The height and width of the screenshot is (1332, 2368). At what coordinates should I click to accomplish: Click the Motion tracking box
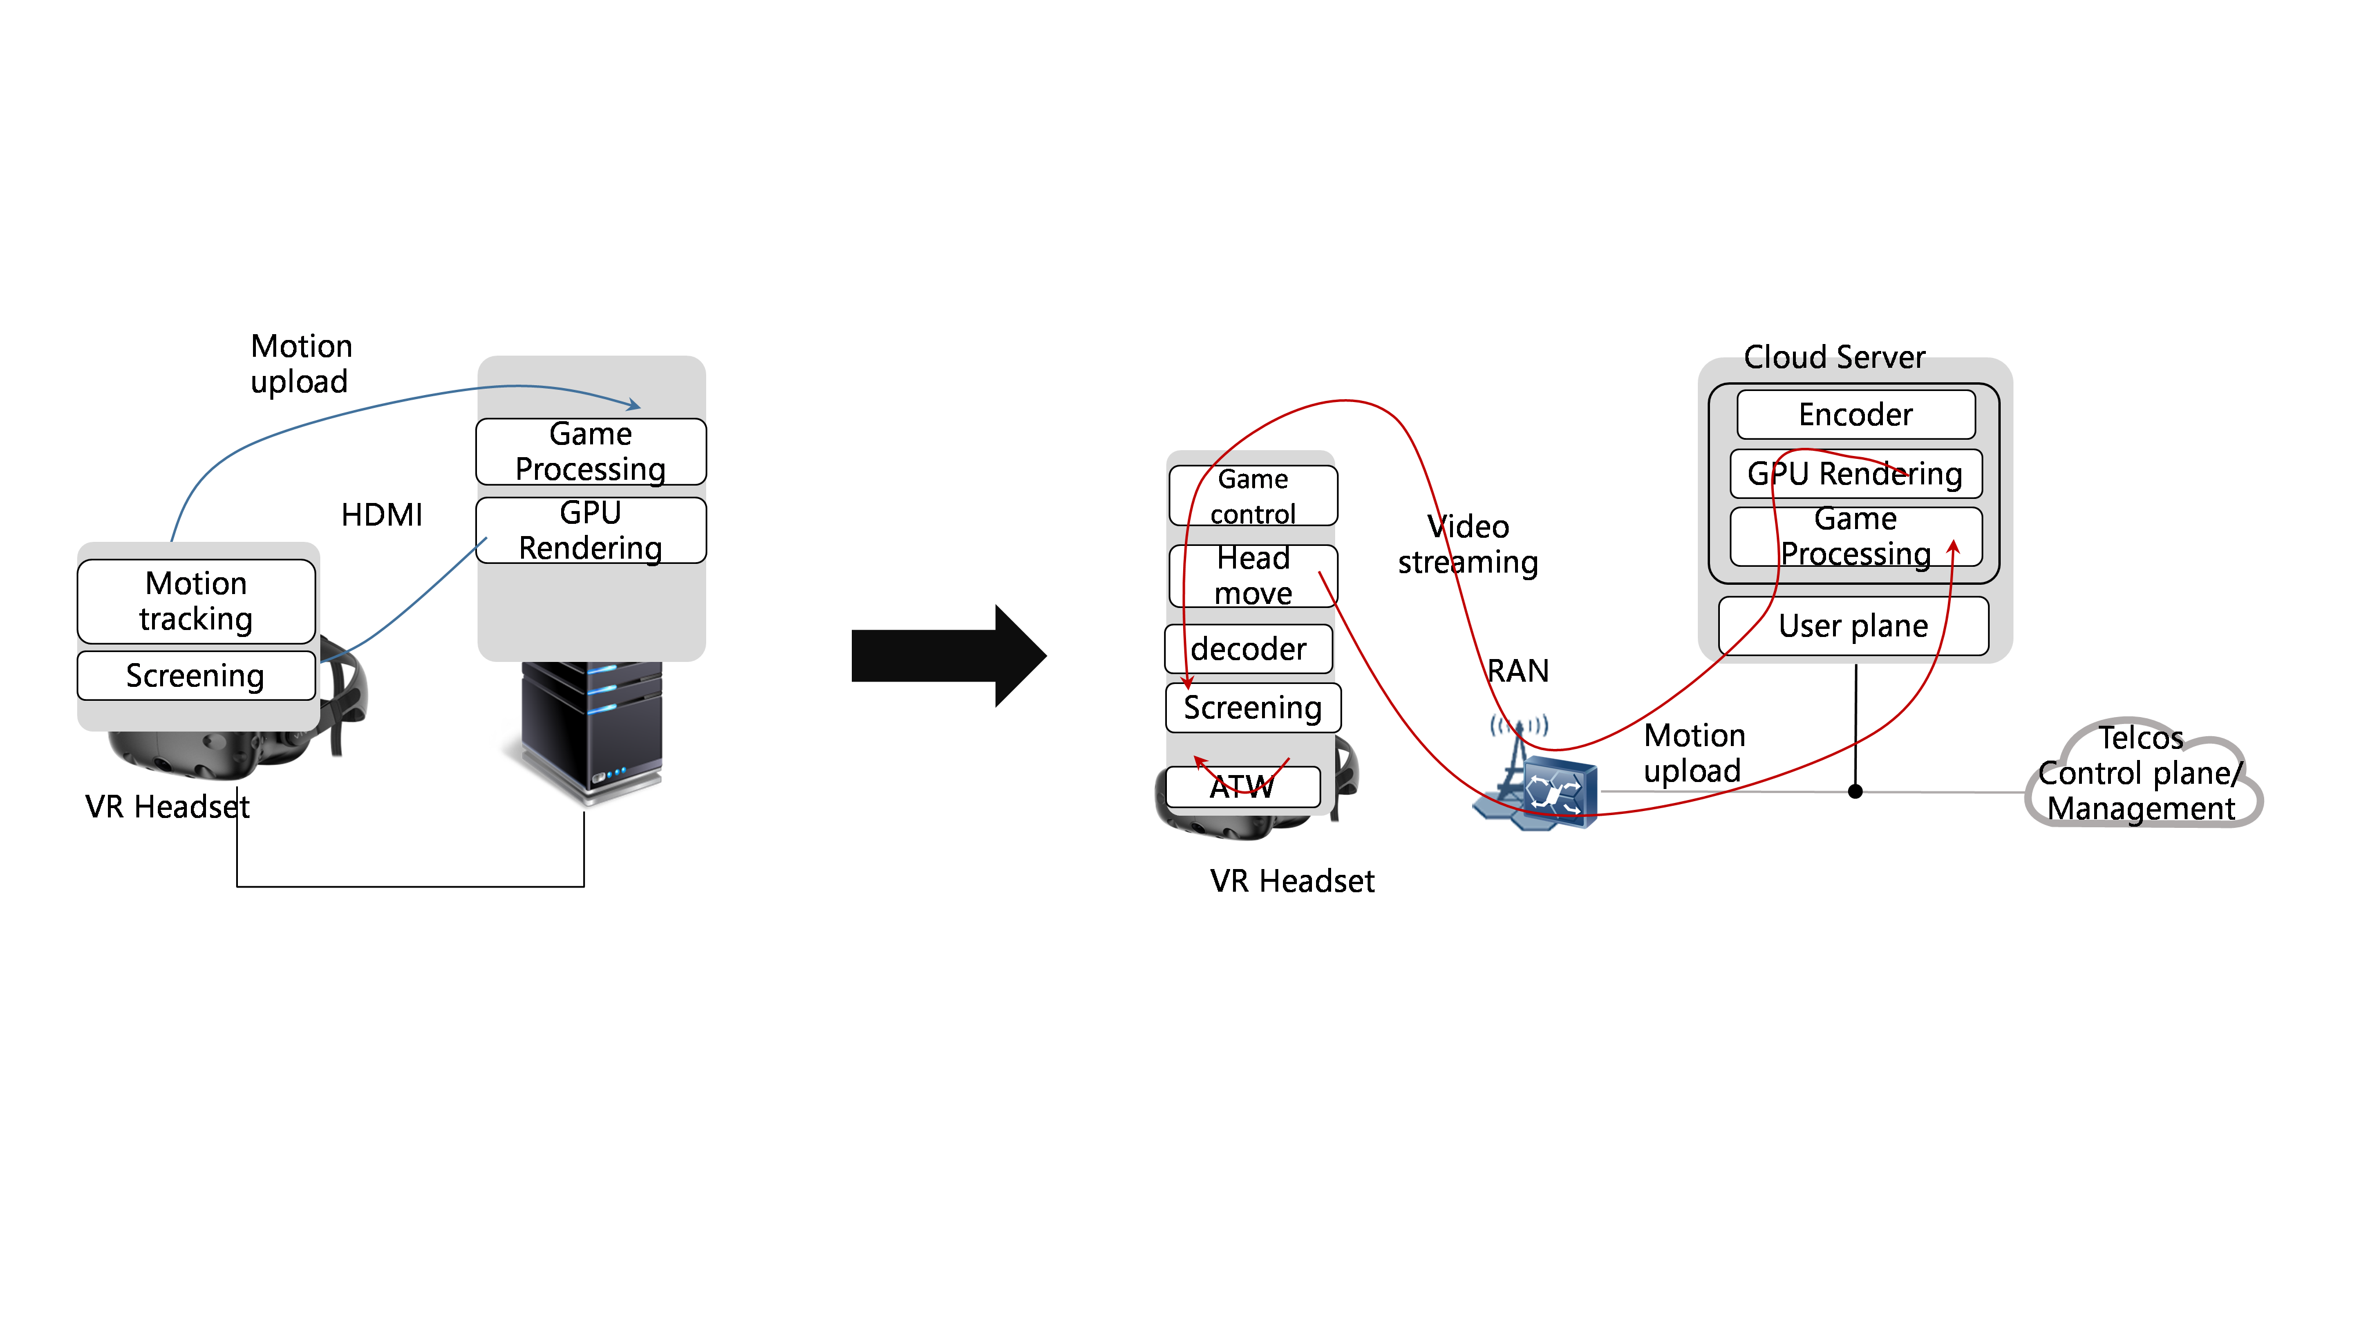click(196, 601)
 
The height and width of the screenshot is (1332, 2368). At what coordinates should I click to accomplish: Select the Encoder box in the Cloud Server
click(1855, 415)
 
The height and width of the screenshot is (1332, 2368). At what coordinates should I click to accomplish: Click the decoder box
click(1248, 649)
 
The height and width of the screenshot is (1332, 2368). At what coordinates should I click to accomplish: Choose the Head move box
click(1252, 575)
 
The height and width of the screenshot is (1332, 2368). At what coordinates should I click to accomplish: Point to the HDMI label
click(381, 515)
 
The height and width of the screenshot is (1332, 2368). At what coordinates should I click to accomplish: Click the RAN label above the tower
click(1518, 671)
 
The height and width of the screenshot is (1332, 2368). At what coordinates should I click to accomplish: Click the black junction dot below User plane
click(1855, 791)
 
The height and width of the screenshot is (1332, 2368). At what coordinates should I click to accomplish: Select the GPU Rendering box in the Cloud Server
click(1855, 473)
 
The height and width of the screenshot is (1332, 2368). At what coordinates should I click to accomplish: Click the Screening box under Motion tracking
click(196, 676)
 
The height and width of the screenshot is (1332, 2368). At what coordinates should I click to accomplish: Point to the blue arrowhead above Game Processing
click(634, 404)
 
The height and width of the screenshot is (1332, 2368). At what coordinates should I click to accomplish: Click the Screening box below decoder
click(1252, 708)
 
